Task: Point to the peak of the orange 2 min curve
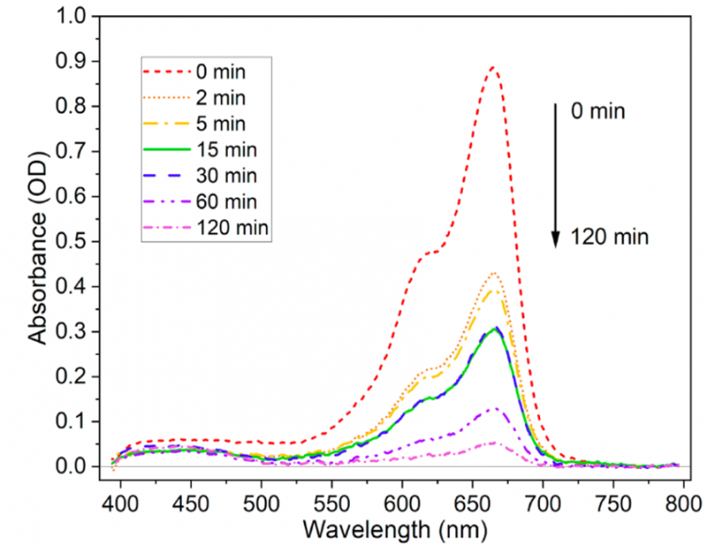494,273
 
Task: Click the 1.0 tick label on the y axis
70,16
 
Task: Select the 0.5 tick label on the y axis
70,241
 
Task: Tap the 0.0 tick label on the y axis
70,467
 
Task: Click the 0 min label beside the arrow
598,112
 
